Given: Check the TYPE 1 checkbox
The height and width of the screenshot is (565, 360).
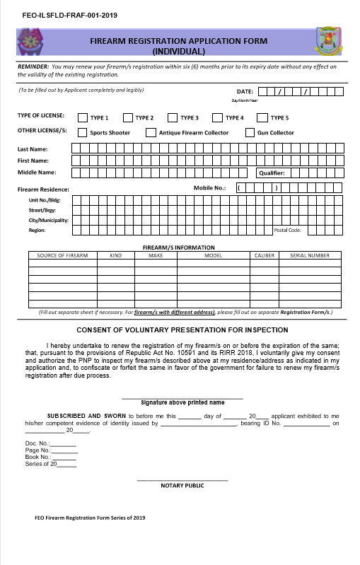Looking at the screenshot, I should click(x=83, y=117).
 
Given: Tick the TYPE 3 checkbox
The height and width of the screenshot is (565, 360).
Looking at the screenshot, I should click(x=172, y=117).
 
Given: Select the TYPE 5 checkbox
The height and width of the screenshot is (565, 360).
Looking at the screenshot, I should click(x=262, y=117).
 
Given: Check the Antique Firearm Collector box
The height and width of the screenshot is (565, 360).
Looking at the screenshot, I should click(x=151, y=132).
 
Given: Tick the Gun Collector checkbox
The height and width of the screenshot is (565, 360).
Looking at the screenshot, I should click(x=250, y=132).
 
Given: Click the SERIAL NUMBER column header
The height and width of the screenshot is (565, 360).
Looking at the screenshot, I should click(x=310, y=255).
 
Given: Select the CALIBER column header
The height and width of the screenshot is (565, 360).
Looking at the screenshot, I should click(x=264, y=255).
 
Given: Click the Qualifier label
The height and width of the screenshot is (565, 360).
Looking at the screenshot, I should click(x=272, y=173).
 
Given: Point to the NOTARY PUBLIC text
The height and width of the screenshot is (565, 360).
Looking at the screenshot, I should click(x=182, y=486).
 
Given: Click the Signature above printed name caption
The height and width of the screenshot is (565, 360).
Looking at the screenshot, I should click(x=182, y=402).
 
